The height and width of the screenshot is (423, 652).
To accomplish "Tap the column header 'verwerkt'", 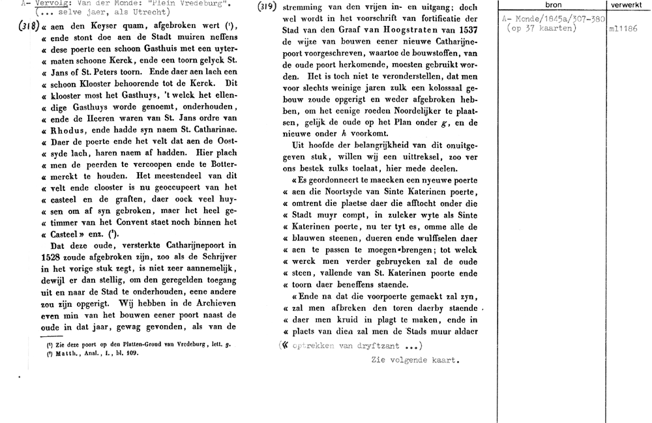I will click(628, 5).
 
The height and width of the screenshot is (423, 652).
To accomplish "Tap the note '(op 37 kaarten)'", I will click(542, 29).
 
